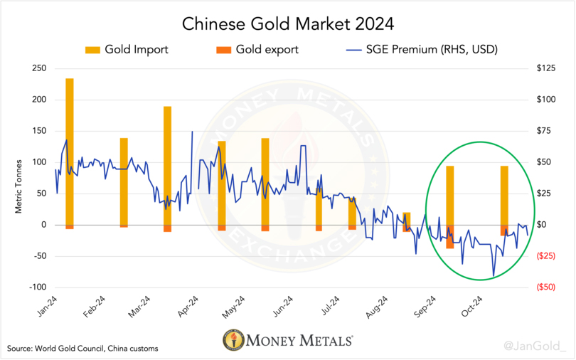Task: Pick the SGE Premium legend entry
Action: pos(419,50)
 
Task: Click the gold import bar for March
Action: pos(168,164)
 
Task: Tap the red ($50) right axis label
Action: pos(545,287)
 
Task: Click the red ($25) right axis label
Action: pos(545,256)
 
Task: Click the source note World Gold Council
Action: pos(82,349)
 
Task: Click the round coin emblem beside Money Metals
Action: pos(231,340)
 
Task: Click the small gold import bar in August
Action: pos(406,218)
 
